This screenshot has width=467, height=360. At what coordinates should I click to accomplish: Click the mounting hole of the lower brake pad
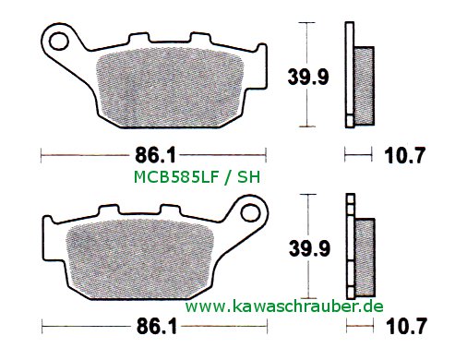pos(250,212)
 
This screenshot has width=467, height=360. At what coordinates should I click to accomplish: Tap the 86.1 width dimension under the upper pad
pos(155,155)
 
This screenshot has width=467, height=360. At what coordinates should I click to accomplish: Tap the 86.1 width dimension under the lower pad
pos(157,326)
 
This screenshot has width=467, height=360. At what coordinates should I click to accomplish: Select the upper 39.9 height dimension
pos(308,77)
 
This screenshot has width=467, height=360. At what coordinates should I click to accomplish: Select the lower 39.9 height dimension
pos(309,248)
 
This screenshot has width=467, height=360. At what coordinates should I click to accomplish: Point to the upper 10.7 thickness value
pos(404,155)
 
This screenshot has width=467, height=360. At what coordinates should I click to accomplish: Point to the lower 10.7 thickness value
pos(407,326)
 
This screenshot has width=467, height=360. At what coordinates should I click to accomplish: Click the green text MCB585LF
pos(176,177)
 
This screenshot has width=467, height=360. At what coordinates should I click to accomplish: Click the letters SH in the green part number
pos(248,177)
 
